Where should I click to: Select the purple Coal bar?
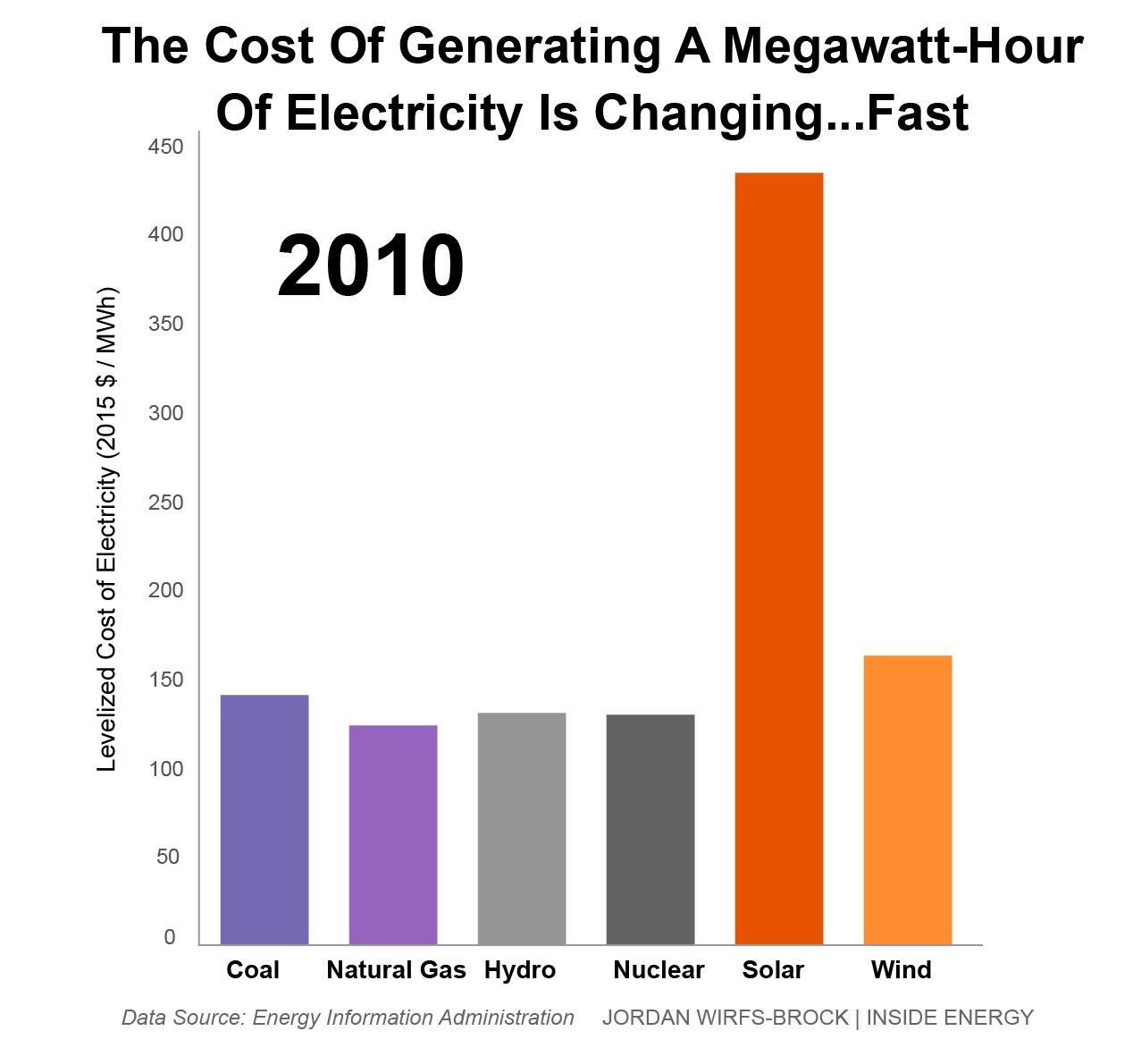(x=264, y=819)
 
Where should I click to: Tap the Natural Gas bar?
(x=393, y=834)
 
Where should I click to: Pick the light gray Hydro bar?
(x=522, y=828)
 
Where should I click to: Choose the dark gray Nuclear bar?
(x=650, y=829)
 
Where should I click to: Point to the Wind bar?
(x=908, y=799)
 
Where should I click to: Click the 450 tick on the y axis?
(x=165, y=147)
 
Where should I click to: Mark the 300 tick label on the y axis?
(x=165, y=413)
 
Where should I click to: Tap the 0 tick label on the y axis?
(x=170, y=937)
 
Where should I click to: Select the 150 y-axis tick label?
(x=165, y=680)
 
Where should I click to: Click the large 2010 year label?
(x=370, y=266)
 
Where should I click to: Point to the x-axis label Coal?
(x=253, y=970)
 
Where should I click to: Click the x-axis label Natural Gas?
(x=396, y=970)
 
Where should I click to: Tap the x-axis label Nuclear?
(x=659, y=970)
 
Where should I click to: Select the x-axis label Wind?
(x=901, y=970)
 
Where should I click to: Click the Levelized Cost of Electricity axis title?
(x=108, y=529)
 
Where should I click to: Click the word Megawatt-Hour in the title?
(x=902, y=46)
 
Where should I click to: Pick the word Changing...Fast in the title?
(x=781, y=114)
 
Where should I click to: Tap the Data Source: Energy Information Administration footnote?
(x=348, y=1018)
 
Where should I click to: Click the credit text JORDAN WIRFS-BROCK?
(x=725, y=1018)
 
